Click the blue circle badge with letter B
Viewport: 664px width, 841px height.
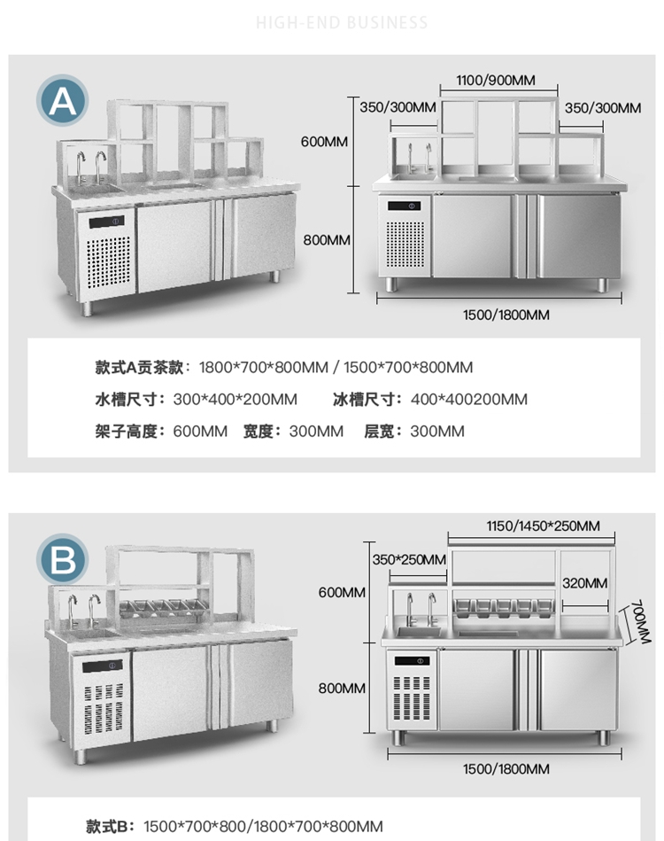[63, 560]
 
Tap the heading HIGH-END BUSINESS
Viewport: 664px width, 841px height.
[342, 22]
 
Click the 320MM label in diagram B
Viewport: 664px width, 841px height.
[584, 582]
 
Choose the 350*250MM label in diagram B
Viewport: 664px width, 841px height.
[409, 559]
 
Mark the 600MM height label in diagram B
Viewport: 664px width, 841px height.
[343, 592]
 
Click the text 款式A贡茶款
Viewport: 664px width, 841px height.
[142, 367]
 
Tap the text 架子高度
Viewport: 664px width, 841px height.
[127, 432]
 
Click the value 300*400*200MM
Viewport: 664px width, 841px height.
[235, 399]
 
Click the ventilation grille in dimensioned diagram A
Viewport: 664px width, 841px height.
[405, 244]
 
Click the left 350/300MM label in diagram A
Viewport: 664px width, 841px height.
[398, 107]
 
